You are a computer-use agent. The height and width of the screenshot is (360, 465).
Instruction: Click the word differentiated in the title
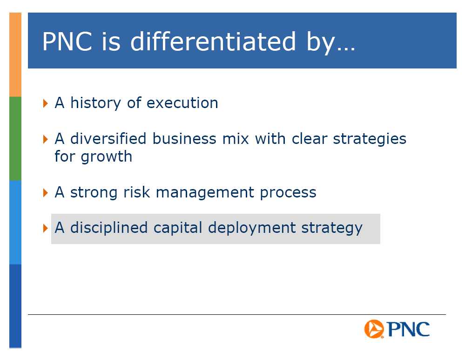(x=213, y=41)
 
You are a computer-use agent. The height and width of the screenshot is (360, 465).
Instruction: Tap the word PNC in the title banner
(x=67, y=41)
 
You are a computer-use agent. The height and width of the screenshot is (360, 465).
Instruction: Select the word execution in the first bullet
(x=182, y=103)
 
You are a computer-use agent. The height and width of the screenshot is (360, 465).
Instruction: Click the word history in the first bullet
(x=95, y=103)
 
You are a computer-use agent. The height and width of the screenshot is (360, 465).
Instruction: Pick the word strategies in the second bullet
(x=370, y=139)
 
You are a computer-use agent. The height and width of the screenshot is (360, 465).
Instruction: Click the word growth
(x=107, y=157)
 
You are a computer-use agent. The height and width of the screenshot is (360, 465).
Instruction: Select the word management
(x=205, y=193)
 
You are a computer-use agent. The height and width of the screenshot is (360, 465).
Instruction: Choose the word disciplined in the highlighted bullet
(x=109, y=228)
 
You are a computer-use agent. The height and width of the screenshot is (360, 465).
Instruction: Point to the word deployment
(x=252, y=228)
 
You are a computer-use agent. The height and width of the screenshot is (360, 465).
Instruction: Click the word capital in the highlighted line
(x=178, y=228)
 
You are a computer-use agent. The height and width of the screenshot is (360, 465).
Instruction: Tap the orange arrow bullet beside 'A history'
(x=45, y=103)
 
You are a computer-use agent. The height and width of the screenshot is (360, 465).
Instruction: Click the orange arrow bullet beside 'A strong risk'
(x=45, y=193)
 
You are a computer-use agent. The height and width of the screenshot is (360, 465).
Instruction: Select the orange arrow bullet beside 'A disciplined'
(x=45, y=228)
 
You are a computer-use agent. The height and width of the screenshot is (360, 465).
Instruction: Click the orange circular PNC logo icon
(x=374, y=329)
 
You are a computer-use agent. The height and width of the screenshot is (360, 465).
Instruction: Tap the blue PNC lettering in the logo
(x=408, y=329)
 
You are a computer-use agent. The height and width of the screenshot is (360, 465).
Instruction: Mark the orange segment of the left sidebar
(x=15, y=54)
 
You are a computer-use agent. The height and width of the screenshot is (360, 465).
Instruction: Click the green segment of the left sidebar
(x=15, y=139)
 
